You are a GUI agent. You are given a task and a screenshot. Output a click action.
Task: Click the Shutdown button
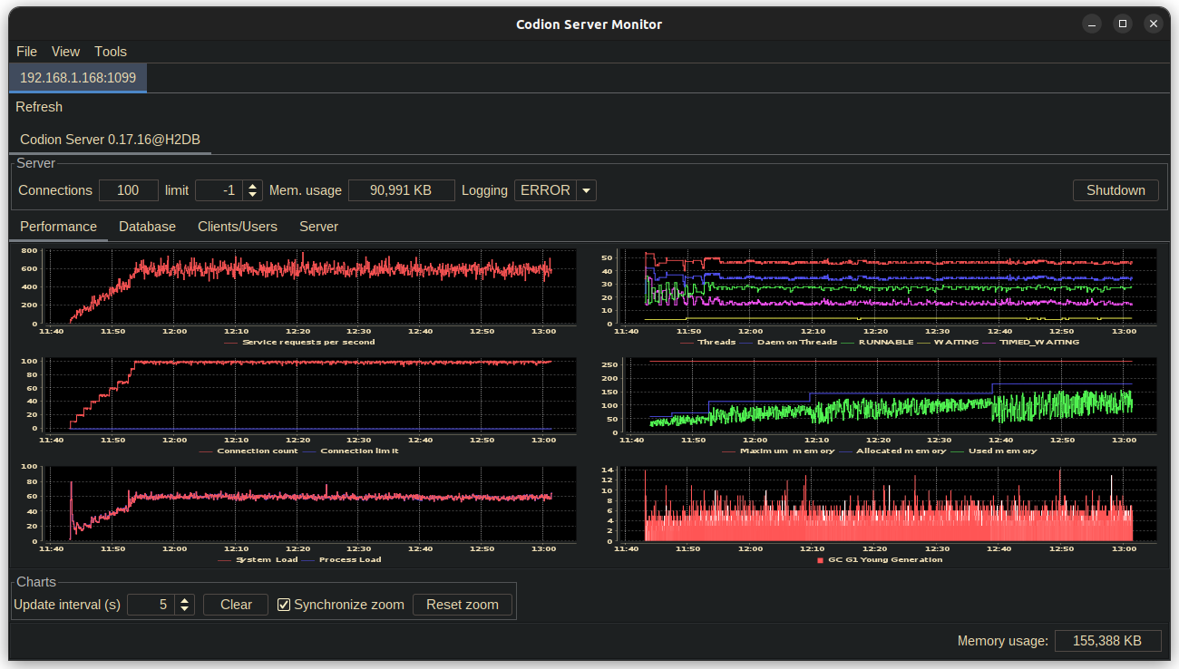(1116, 190)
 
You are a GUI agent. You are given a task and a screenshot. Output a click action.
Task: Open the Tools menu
(111, 52)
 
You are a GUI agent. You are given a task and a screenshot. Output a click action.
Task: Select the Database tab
(147, 227)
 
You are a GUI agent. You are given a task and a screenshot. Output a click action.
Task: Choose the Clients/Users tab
(238, 227)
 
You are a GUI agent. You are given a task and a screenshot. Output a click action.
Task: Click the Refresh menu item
(39, 107)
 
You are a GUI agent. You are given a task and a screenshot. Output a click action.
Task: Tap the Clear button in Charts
(236, 605)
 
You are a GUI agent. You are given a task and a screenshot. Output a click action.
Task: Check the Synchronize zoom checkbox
(284, 605)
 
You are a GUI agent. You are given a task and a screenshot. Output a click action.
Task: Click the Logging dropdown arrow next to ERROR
(586, 190)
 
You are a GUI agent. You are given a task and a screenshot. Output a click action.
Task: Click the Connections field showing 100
(128, 190)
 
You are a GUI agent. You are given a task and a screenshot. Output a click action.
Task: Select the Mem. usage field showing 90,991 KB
(401, 190)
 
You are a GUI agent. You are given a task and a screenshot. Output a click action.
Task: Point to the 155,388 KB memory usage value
(1106, 641)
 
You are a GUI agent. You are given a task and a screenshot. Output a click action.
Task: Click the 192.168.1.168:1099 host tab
(78, 78)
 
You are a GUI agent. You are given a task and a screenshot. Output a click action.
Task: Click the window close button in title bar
(1153, 24)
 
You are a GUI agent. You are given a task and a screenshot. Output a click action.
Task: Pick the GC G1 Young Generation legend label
(885, 559)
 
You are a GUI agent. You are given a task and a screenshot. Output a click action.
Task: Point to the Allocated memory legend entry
(901, 451)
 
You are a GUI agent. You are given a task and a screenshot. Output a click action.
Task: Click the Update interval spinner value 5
(151, 605)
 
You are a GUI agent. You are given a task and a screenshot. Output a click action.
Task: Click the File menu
(27, 52)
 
